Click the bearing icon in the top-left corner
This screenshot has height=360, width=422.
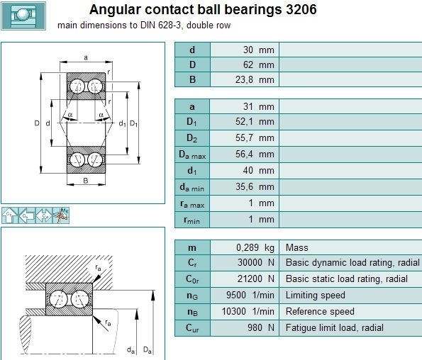click(x=23, y=16)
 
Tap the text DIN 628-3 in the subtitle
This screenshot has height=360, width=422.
click(x=161, y=26)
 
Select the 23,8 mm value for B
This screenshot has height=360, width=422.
click(x=255, y=80)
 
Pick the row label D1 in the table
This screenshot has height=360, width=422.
click(x=191, y=122)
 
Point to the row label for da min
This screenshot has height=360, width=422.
click(x=192, y=187)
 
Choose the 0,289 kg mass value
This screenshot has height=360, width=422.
click(x=255, y=247)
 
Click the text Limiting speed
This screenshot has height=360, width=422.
click(x=315, y=296)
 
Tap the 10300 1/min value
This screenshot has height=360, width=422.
click(x=248, y=311)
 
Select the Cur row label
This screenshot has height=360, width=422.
click(x=192, y=328)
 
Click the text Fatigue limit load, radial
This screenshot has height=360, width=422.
click(x=335, y=327)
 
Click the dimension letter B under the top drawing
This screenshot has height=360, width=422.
click(x=86, y=181)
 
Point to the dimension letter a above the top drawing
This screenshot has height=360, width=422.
click(x=86, y=57)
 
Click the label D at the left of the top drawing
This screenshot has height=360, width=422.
click(x=37, y=123)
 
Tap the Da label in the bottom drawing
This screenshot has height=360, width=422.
click(x=148, y=350)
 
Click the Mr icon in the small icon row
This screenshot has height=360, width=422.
click(x=61, y=215)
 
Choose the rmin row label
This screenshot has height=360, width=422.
click(x=191, y=220)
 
